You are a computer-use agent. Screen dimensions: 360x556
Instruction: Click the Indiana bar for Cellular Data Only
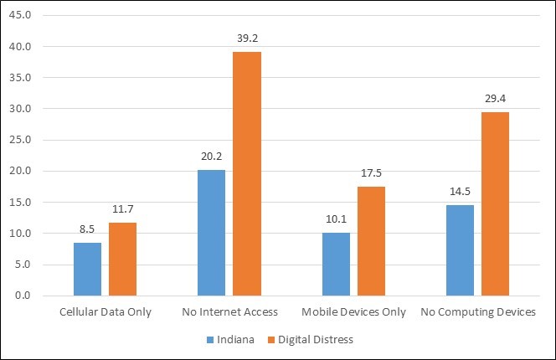[87, 269]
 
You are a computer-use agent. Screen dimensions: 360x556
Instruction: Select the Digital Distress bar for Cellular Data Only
[122, 259]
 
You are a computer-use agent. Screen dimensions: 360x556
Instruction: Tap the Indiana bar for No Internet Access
[211, 233]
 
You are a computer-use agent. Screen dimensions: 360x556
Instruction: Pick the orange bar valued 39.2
[247, 173]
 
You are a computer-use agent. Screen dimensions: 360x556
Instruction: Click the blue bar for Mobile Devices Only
[337, 264]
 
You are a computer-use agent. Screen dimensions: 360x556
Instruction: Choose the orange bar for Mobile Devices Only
[372, 241]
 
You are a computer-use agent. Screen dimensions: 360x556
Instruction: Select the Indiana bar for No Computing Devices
[461, 250]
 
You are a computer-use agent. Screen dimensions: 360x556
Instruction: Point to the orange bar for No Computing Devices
[495, 203]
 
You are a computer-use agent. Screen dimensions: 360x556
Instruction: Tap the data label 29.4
[495, 99]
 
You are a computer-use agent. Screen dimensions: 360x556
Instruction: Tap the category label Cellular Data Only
[105, 312]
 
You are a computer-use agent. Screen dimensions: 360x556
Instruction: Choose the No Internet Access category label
[229, 312]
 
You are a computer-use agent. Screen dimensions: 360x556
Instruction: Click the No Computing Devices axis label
[477, 312]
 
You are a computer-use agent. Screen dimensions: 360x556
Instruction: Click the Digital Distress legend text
[317, 340]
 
